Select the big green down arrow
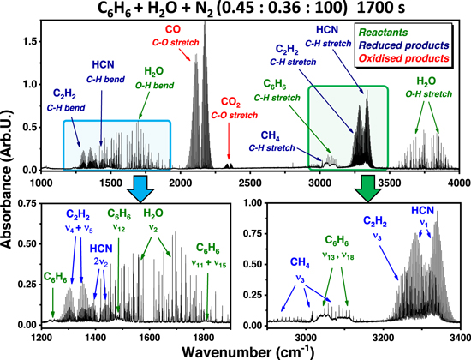pyautogui.click(x=343, y=183)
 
